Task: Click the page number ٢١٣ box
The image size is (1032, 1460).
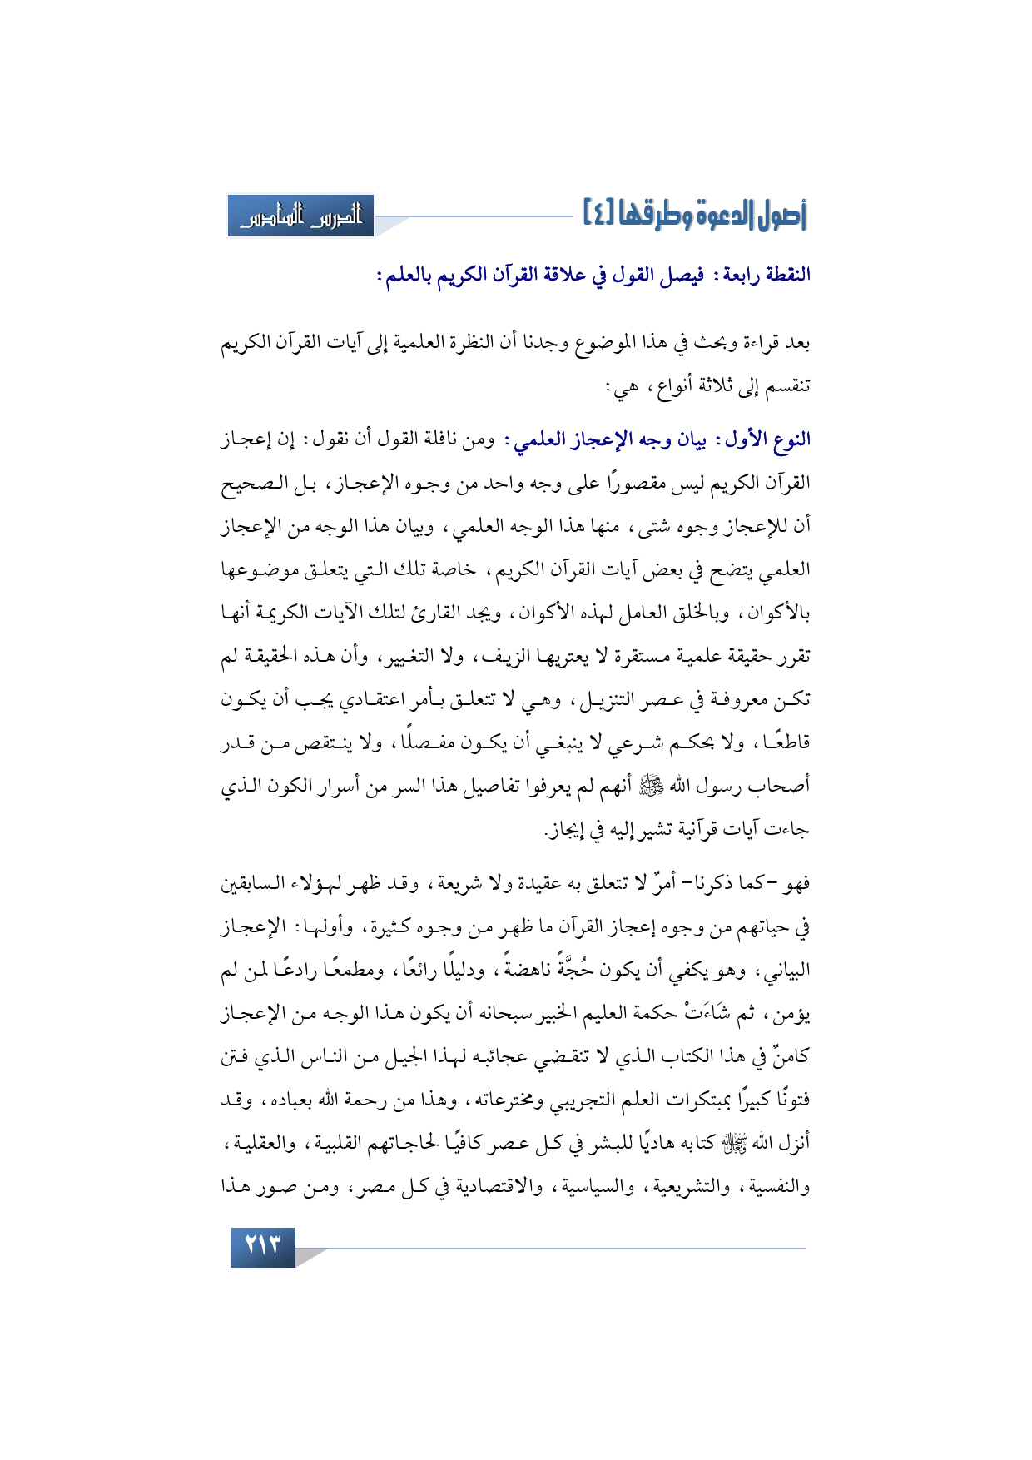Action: [263, 1246]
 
